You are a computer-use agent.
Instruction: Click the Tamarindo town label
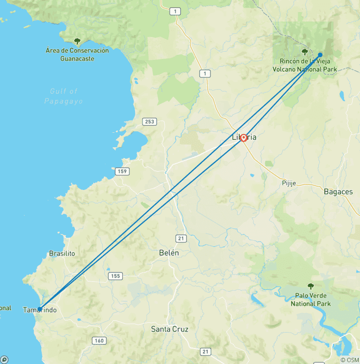coord(40,310)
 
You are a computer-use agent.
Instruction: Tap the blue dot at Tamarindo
coord(39,309)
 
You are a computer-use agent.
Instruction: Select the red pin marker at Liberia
coord(244,137)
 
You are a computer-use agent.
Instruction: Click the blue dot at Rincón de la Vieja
coord(320,55)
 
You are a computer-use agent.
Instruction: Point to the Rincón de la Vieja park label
coord(305,65)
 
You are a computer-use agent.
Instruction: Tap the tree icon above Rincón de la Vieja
coord(305,52)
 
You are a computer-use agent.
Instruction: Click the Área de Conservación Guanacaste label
coord(77,54)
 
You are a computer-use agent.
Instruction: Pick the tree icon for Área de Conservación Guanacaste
coord(77,41)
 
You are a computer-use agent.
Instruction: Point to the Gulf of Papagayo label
coord(64,96)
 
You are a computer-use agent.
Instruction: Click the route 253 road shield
coord(149,122)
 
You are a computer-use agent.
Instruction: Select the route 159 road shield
coord(122,171)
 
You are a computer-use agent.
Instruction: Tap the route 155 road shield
coord(115,276)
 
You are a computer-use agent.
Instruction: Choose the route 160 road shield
coord(99,341)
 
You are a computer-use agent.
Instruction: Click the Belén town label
coord(169,252)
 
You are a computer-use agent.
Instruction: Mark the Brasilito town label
coord(62,253)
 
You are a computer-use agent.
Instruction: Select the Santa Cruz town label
coord(170,329)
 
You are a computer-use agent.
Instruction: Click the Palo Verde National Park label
coord(310,300)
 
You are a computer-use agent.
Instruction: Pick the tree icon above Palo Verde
coord(310,286)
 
